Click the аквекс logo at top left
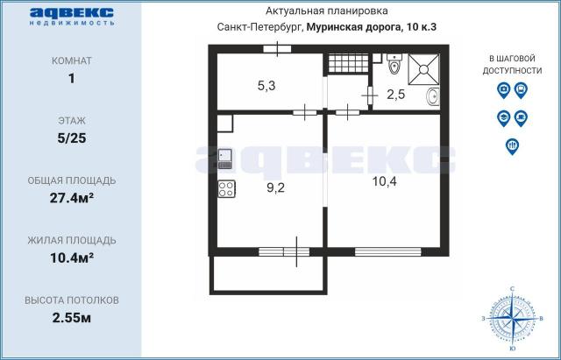72,15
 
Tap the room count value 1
72,80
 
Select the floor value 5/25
72,138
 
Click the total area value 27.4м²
72,197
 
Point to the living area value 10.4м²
72,257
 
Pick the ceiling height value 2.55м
72,316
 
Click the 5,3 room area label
267,86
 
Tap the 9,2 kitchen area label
276,187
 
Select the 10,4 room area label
384,181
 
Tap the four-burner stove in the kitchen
225,187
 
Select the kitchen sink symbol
225,159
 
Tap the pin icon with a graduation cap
503,117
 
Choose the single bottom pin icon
513,146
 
